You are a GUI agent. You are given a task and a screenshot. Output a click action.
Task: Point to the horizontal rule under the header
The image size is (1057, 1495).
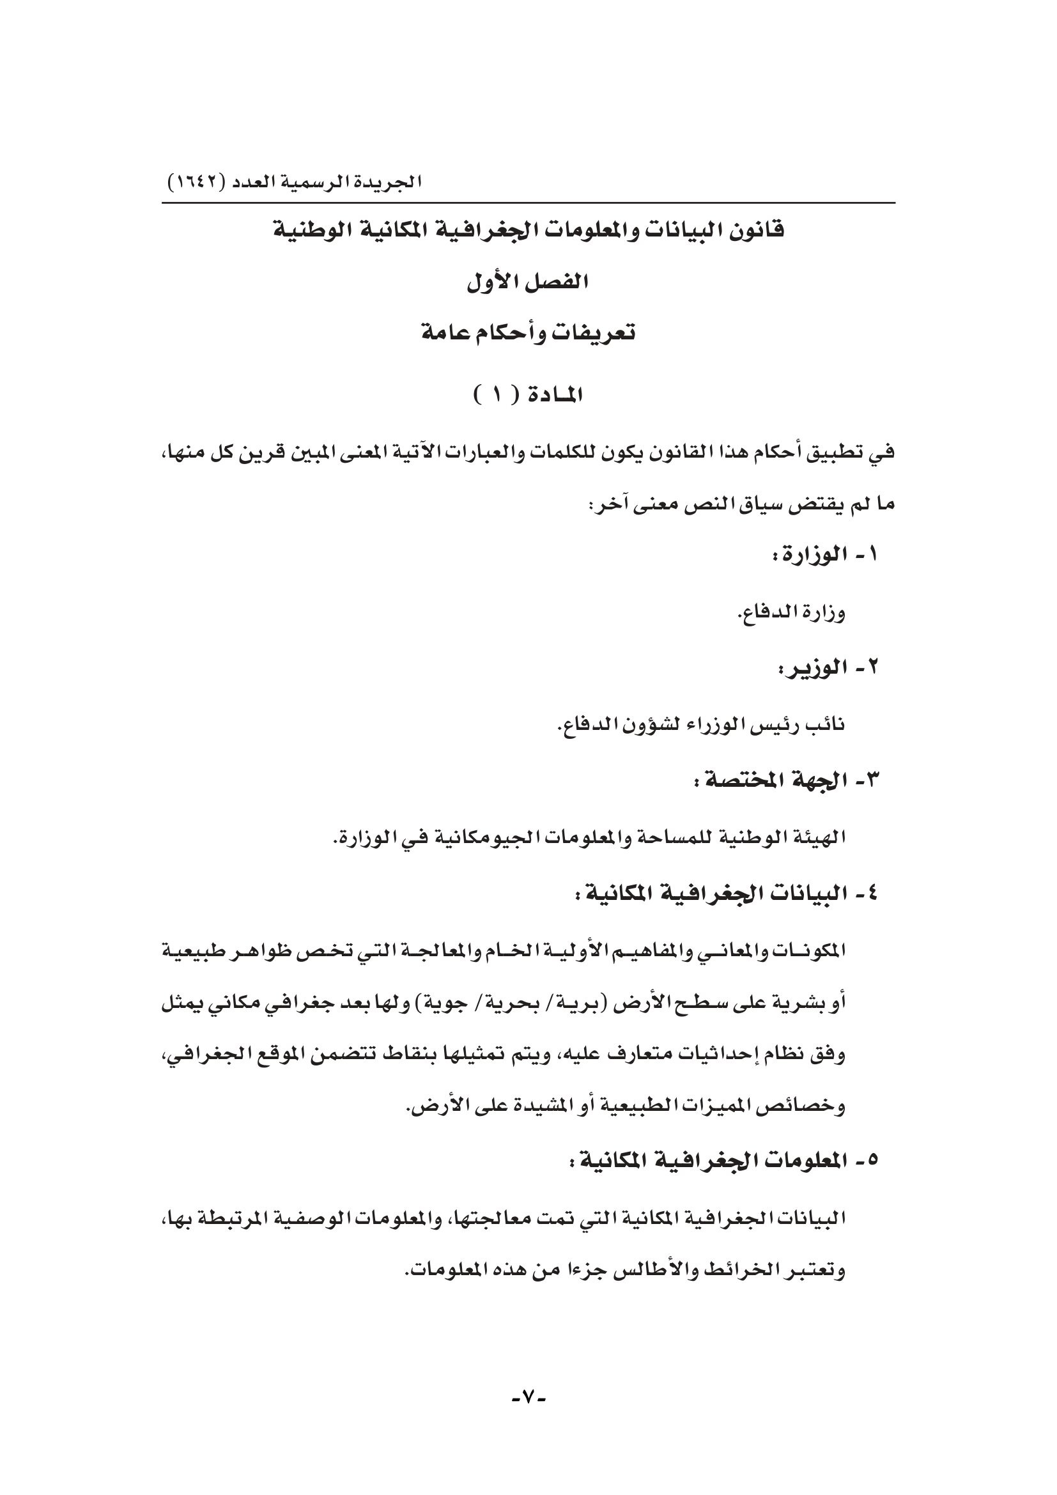(528, 204)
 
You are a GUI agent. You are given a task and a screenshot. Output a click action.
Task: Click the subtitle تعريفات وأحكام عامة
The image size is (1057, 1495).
(528, 334)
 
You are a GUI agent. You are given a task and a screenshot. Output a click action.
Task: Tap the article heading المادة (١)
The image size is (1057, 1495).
(528, 395)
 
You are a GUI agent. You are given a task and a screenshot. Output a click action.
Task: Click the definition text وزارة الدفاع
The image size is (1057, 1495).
(791, 613)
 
